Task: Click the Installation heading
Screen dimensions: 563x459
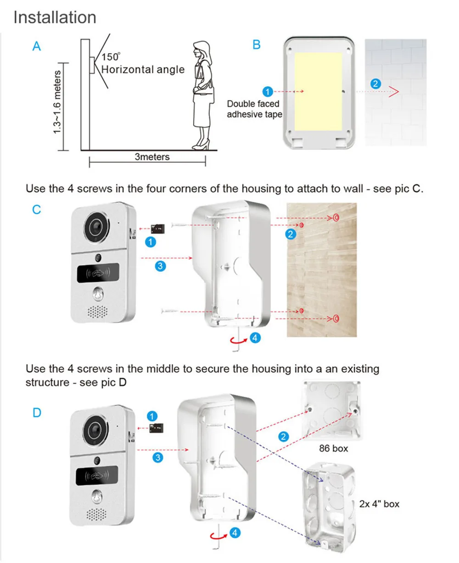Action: [x=55, y=17]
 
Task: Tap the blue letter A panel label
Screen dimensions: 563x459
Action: [x=37, y=46]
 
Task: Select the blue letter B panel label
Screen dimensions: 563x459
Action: [x=257, y=45]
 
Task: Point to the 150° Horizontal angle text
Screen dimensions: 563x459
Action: [x=142, y=64]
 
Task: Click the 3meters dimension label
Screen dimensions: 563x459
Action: [x=152, y=157]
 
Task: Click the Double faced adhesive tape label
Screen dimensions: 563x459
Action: [x=254, y=109]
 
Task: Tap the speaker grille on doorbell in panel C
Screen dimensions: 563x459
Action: [x=97, y=312]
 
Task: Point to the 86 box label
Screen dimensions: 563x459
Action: [x=334, y=448]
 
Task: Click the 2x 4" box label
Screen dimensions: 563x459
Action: [x=379, y=504]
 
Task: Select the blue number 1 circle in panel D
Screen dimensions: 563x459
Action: [x=152, y=416]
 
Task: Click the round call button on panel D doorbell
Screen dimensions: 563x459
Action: [x=96, y=496]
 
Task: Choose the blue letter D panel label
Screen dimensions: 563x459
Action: [x=37, y=413]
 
